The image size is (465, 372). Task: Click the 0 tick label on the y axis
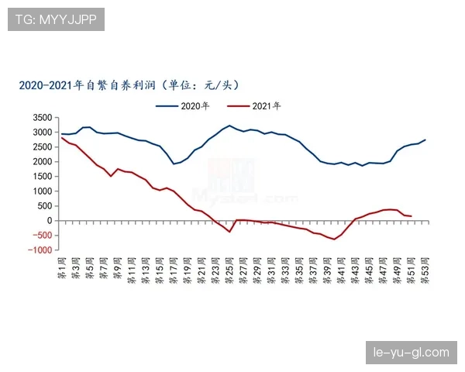click(x=50, y=221)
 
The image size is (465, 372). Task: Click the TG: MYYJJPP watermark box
click(x=56, y=19)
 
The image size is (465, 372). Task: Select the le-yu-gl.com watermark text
click(x=412, y=353)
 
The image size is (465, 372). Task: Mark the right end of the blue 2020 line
click(x=425, y=139)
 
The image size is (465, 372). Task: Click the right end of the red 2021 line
click(x=411, y=216)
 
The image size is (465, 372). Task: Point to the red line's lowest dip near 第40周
click(x=334, y=239)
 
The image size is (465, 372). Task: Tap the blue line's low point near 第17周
click(x=174, y=164)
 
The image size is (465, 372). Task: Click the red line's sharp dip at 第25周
click(x=229, y=232)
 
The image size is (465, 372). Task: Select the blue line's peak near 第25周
click(x=229, y=126)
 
